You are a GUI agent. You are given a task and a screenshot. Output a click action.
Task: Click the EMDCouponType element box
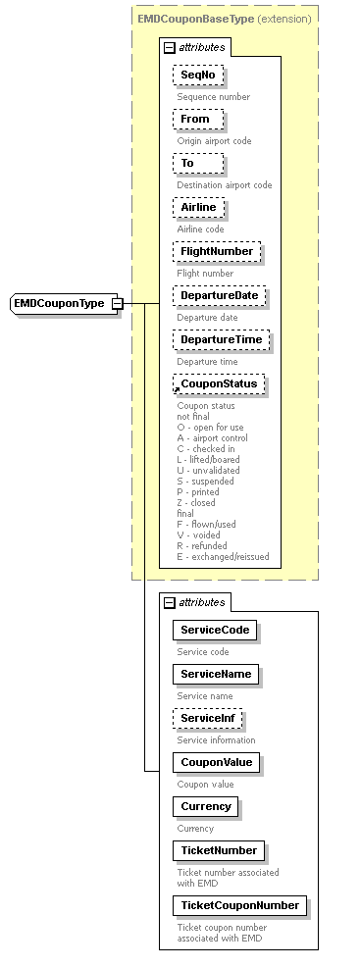pos(59,304)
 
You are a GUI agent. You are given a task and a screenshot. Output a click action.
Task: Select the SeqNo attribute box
pos(198,76)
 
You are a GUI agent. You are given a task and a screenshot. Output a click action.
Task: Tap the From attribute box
pos(197,120)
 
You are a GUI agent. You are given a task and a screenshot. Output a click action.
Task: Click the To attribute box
pos(187,164)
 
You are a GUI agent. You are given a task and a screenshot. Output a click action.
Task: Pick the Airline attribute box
pos(199,208)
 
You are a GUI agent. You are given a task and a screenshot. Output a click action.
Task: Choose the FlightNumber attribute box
pos(216,252)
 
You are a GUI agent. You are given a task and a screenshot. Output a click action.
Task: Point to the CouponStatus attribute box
pos(219,384)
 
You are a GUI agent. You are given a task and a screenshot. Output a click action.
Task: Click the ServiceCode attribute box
pos(214,630)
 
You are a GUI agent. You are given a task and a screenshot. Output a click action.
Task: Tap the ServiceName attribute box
pos(216,674)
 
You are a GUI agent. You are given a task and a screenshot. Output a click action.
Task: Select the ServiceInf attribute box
pos(208,719)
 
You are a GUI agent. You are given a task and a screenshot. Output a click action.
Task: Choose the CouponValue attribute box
pos(216,762)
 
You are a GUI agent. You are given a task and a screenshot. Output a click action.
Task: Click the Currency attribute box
pos(206,806)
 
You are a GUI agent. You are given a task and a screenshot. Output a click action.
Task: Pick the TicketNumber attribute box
pos(218,850)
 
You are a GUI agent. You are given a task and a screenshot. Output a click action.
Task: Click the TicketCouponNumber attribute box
pos(239,904)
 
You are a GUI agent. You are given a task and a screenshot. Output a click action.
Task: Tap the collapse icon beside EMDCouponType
pos(117,304)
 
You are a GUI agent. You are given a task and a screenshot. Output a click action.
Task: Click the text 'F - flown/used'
pos(206,524)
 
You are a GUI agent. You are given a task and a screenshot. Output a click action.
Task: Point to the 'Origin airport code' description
pos(214,141)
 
